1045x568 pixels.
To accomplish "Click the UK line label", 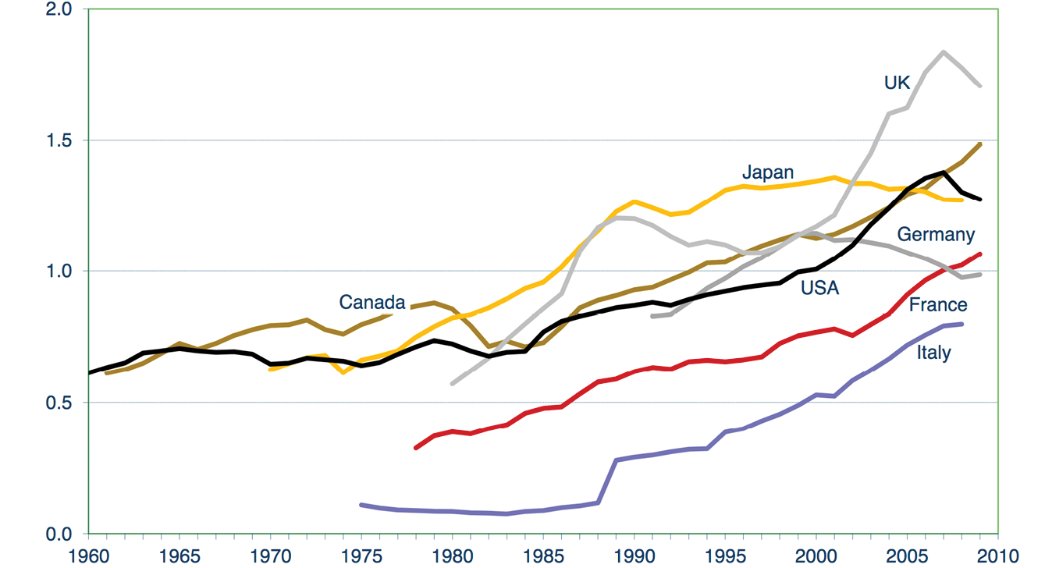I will pos(897,82).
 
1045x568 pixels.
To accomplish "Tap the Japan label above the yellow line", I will pos(767,172).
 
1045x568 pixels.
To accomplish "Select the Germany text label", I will pos(936,234).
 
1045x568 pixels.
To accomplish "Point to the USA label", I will pos(819,288).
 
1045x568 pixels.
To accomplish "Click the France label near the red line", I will pos(938,304).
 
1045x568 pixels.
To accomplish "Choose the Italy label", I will pos(933,352).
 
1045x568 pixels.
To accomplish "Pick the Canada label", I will pos(372,302).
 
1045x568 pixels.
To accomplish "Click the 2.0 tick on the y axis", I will pos(59,9).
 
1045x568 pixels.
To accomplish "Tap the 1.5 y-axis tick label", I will pos(59,140).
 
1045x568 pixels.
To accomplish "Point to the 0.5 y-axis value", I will pos(59,403).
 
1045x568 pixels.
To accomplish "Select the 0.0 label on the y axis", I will pos(59,534).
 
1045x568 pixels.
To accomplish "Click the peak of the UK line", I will pos(944,52).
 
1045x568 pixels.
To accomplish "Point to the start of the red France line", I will pos(416,448).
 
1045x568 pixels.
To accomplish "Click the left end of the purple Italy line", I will pos(361,505).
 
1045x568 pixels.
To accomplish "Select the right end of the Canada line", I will pos(980,144).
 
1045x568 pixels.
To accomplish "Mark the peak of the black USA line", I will pos(944,172).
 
